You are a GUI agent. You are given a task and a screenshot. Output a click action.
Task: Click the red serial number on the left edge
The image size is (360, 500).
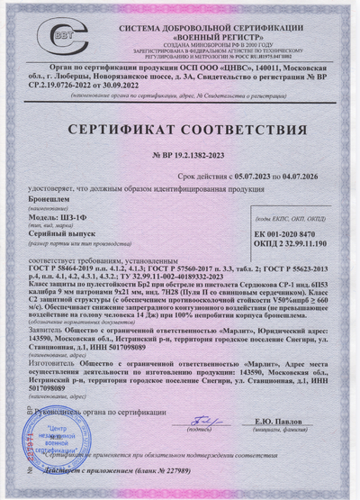click(x=13, y=451)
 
